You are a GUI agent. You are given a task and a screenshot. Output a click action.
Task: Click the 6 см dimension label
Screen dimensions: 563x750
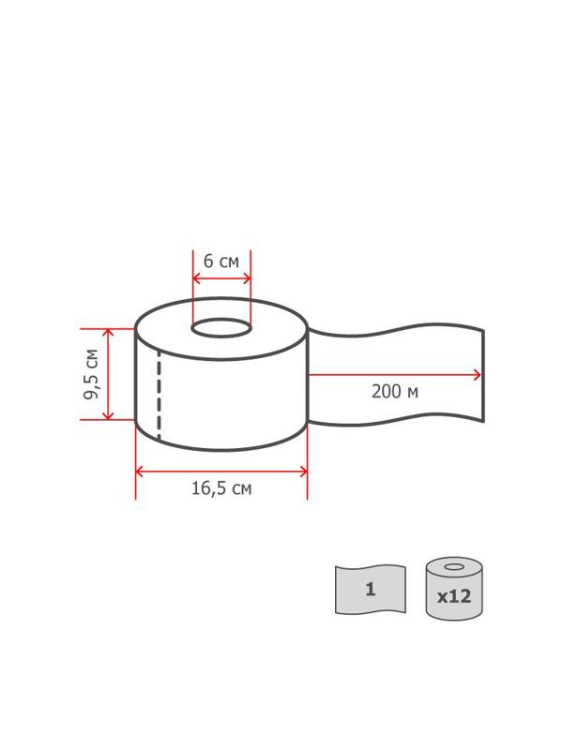[x=221, y=262]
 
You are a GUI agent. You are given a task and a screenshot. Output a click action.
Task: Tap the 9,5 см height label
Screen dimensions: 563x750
[x=91, y=374]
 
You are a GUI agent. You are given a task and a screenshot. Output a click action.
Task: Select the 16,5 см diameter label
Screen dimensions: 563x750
[x=221, y=488]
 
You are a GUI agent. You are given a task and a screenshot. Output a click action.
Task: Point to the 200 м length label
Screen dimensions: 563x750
[x=395, y=392]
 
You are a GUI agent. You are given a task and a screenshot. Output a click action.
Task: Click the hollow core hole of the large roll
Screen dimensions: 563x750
[x=221, y=328]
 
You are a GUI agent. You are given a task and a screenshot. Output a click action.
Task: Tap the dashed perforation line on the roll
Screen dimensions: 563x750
[x=159, y=394]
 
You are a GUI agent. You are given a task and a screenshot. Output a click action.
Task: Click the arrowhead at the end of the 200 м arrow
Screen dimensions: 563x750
[x=477, y=375]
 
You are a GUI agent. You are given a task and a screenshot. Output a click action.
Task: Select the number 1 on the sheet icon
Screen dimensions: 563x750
[x=370, y=589]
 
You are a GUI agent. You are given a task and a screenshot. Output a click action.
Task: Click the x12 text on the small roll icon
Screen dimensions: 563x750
[x=454, y=596]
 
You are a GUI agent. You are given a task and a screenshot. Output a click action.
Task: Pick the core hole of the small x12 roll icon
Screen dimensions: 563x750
[x=454, y=567]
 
